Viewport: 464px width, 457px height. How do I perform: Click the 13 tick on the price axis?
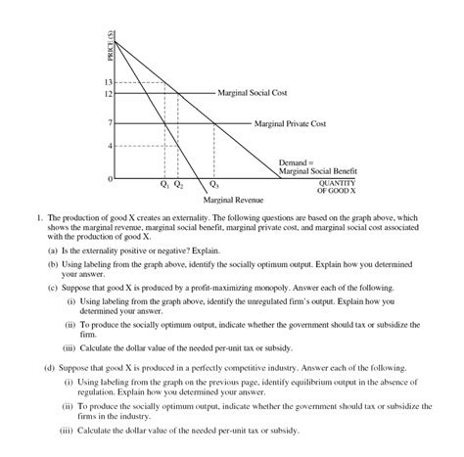tap(110, 82)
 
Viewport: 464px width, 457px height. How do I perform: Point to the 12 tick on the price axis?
tap(110, 93)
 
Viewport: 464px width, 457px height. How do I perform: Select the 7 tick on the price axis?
tap(112, 123)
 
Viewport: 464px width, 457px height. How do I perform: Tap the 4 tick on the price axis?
tap(112, 145)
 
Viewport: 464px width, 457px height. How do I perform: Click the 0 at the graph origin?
tap(111, 180)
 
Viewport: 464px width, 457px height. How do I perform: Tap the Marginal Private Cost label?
tap(290, 124)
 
